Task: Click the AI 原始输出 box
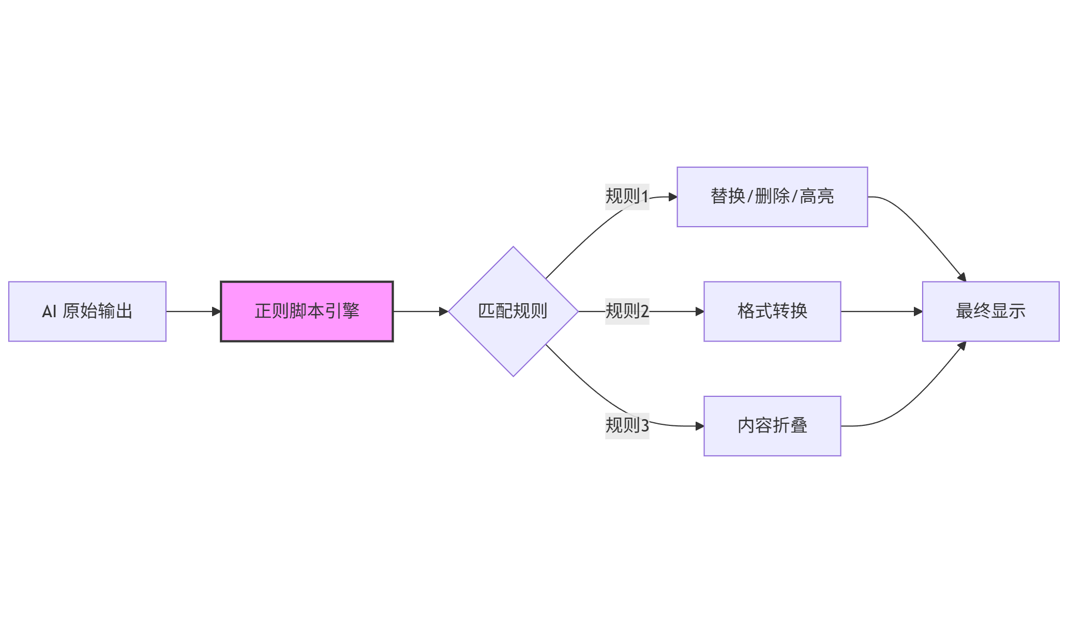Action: tap(87, 311)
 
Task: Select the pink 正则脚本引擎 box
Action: tap(307, 311)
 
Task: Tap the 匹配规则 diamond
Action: tap(513, 311)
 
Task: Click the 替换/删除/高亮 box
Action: tap(772, 197)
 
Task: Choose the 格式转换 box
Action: tap(772, 311)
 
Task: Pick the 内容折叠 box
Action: tap(772, 426)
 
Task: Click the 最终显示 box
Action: tap(990, 311)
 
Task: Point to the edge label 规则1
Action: tap(627, 197)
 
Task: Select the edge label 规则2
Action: tap(627, 311)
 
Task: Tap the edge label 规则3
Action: tap(627, 426)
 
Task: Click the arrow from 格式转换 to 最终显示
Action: tap(879, 311)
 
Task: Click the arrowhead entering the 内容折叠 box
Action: tap(700, 426)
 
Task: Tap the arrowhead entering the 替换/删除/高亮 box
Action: tap(673, 197)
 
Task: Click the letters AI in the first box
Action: tap(49, 311)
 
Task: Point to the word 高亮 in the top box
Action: tap(817, 197)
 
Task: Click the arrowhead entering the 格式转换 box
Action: tap(700, 311)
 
